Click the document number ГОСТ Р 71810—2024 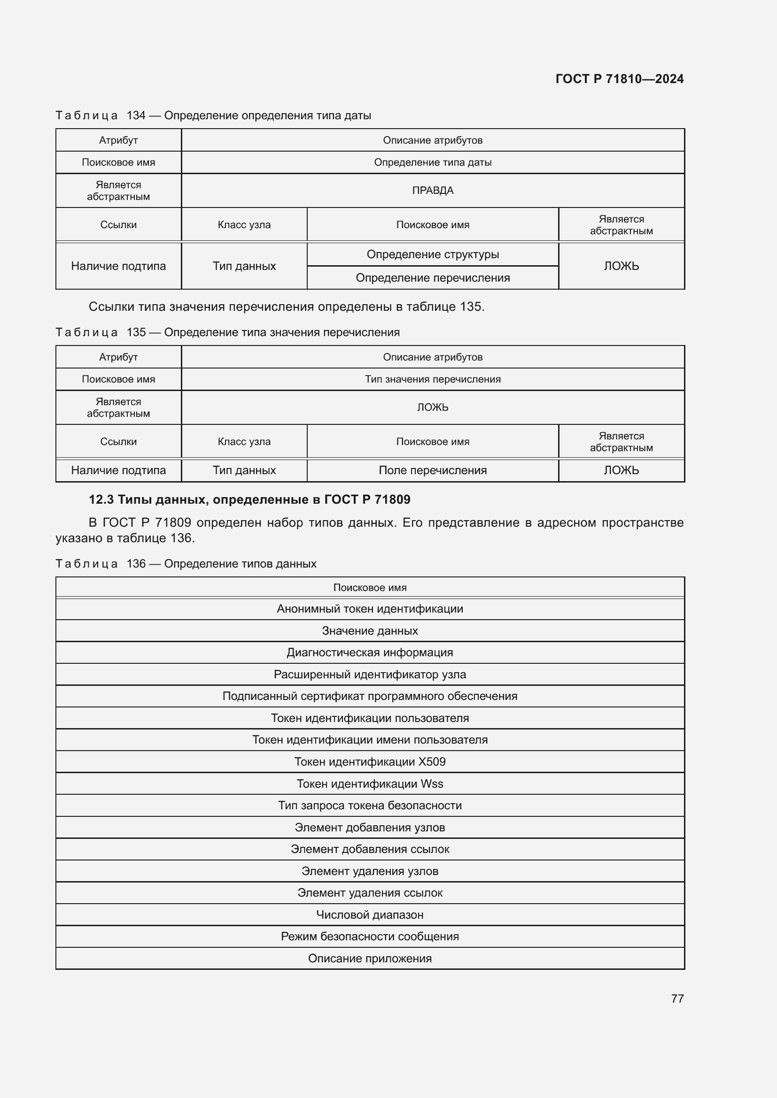(619, 79)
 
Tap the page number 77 (677, 998)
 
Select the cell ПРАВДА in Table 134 (433, 190)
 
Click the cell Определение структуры (433, 254)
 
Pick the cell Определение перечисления (433, 278)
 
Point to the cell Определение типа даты (433, 162)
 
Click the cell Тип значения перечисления (433, 379)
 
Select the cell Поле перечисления (433, 470)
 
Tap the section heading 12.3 (249, 499)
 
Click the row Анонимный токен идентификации (370, 609)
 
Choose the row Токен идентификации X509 (370, 762)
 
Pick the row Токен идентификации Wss (370, 784)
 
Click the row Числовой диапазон (370, 915)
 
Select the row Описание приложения (370, 959)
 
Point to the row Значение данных (370, 631)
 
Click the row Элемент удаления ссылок (370, 893)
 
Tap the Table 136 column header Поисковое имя (370, 587)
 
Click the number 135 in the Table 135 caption (136, 332)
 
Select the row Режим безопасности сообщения (370, 937)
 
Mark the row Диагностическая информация (370, 653)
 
